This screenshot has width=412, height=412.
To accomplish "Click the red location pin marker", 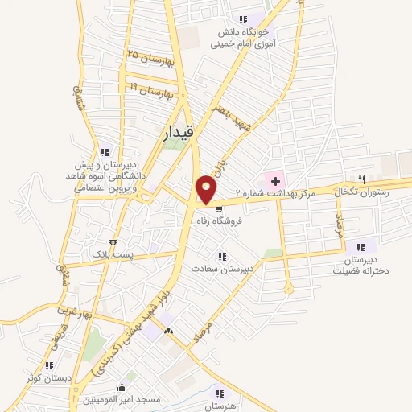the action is tap(207, 187).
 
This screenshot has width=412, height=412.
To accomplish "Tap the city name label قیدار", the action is tap(178, 134).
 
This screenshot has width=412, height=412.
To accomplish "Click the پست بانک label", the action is tap(110, 254).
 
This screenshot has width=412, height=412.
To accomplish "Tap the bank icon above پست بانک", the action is tap(113, 241).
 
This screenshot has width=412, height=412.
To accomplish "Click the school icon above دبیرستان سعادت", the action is tap(222, 257).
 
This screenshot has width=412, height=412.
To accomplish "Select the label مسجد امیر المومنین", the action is tap(121, 399).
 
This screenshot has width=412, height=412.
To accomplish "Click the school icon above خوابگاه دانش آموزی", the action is tap(242, 19).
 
